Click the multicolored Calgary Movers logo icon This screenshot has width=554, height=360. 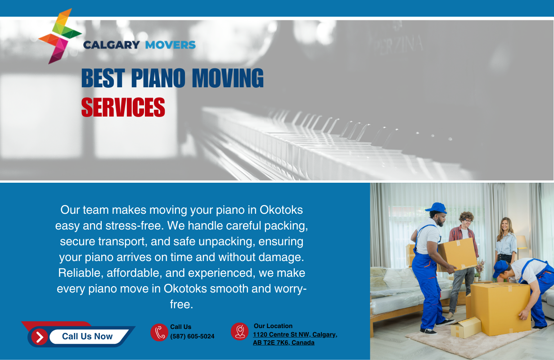[59, 36]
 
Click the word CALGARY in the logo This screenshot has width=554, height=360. [112, 45]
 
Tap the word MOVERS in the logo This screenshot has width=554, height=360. [171, 45]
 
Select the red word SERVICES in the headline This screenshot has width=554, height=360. [123, 107]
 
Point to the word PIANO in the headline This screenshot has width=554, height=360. [158, 78]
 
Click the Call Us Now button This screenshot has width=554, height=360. [87, 336]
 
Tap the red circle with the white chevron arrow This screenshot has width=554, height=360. [40, 337]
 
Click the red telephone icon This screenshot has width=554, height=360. [159, 333]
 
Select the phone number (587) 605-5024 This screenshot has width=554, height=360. [192, 336]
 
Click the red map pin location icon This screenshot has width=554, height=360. [240, 332]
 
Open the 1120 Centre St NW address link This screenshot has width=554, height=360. [295, 338]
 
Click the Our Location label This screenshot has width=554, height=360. [273, 326]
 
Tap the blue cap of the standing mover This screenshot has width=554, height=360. [437, 208]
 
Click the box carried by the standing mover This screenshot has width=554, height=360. [458, 254]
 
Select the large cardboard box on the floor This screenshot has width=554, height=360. [500, 309]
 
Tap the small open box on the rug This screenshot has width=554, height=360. [466, 327]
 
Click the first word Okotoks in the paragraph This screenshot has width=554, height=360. [281, 210]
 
